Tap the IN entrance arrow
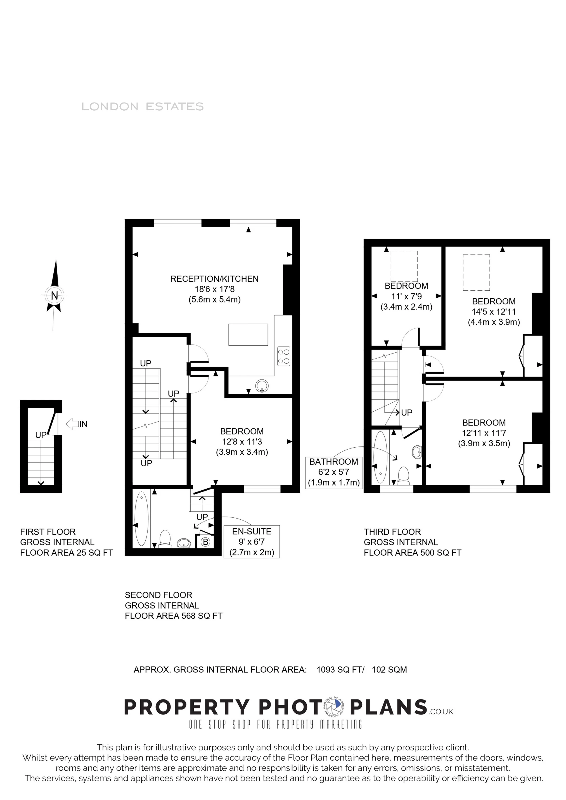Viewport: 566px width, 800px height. coord(72,424)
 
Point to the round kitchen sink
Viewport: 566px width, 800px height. coord(262,386)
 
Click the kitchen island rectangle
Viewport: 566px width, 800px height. coord(248,335)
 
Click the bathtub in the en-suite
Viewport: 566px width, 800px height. coord(142,519)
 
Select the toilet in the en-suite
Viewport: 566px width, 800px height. coord(165,539)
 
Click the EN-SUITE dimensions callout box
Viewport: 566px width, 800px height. coord(252,541)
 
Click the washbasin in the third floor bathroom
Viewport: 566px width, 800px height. coord(416,452)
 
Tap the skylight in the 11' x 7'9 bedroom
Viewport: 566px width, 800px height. coord(404,266)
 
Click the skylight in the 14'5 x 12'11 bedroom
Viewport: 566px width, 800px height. coord(476,273)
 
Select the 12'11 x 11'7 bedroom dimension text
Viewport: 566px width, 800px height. coord(484,433)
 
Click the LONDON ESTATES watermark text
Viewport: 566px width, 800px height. coord(143,107)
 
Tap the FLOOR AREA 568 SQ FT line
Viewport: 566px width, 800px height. coord(174,616)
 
